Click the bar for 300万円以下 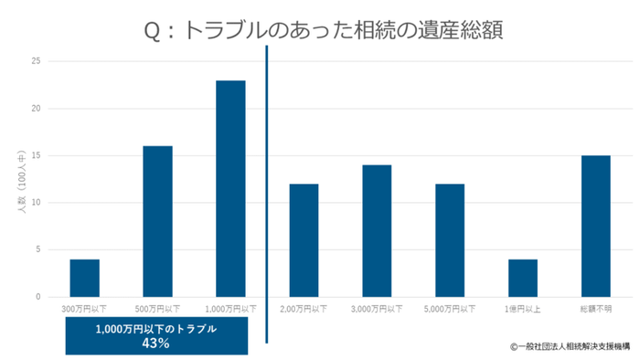pos(84,278)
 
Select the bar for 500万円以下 pos(157,221)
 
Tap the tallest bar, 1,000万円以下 pos(230,188)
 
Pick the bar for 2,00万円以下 pos(304,240)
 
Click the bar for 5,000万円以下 pos(450,240)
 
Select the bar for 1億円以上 pos(523,278)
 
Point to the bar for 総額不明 pos(596,226)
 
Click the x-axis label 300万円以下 pos(84,310)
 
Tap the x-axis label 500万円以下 pos(157,310)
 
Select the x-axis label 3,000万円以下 pos(377,310)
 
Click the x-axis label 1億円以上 pos(523,310)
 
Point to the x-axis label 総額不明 pos(596,310)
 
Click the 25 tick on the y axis pos(37,61)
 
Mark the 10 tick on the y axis pos(37,203)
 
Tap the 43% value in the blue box pos(156,344)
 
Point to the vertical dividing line pos(267,183)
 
